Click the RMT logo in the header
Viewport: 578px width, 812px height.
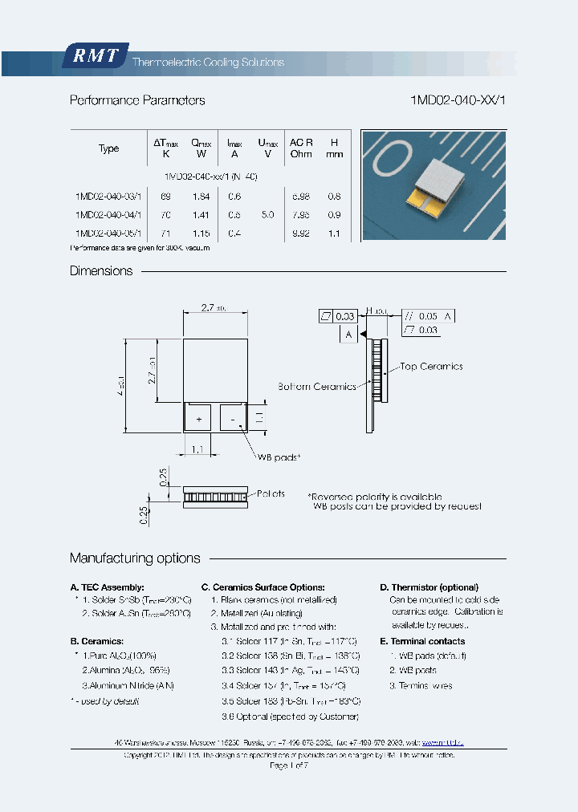click(x=95, y=56)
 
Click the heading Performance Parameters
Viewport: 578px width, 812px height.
click(x=137, y=100)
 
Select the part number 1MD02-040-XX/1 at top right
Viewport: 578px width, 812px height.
click(x=458, y=100)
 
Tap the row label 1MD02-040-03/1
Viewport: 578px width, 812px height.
click(x=108, y=196)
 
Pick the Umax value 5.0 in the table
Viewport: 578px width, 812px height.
click(x=267, y=214)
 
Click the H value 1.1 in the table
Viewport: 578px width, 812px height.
click(x=335, y=233)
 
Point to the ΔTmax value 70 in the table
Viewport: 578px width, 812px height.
click(x=166, y=214)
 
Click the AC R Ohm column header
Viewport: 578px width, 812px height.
click(x=301, y=148)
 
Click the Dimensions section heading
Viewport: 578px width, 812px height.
click(x=101, y=271)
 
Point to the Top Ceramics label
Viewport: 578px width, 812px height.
click(x=431, y=367)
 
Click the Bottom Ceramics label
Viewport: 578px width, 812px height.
click(x=316, y=386)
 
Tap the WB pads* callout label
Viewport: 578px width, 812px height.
click(x=278, y=457)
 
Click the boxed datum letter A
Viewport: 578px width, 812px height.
click(x=348, y=335)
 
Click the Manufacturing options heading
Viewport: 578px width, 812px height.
click(x=135, y=558)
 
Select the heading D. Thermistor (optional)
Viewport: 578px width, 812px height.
click(x=429, y=587)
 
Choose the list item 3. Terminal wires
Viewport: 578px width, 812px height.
click(x=421, y=685)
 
